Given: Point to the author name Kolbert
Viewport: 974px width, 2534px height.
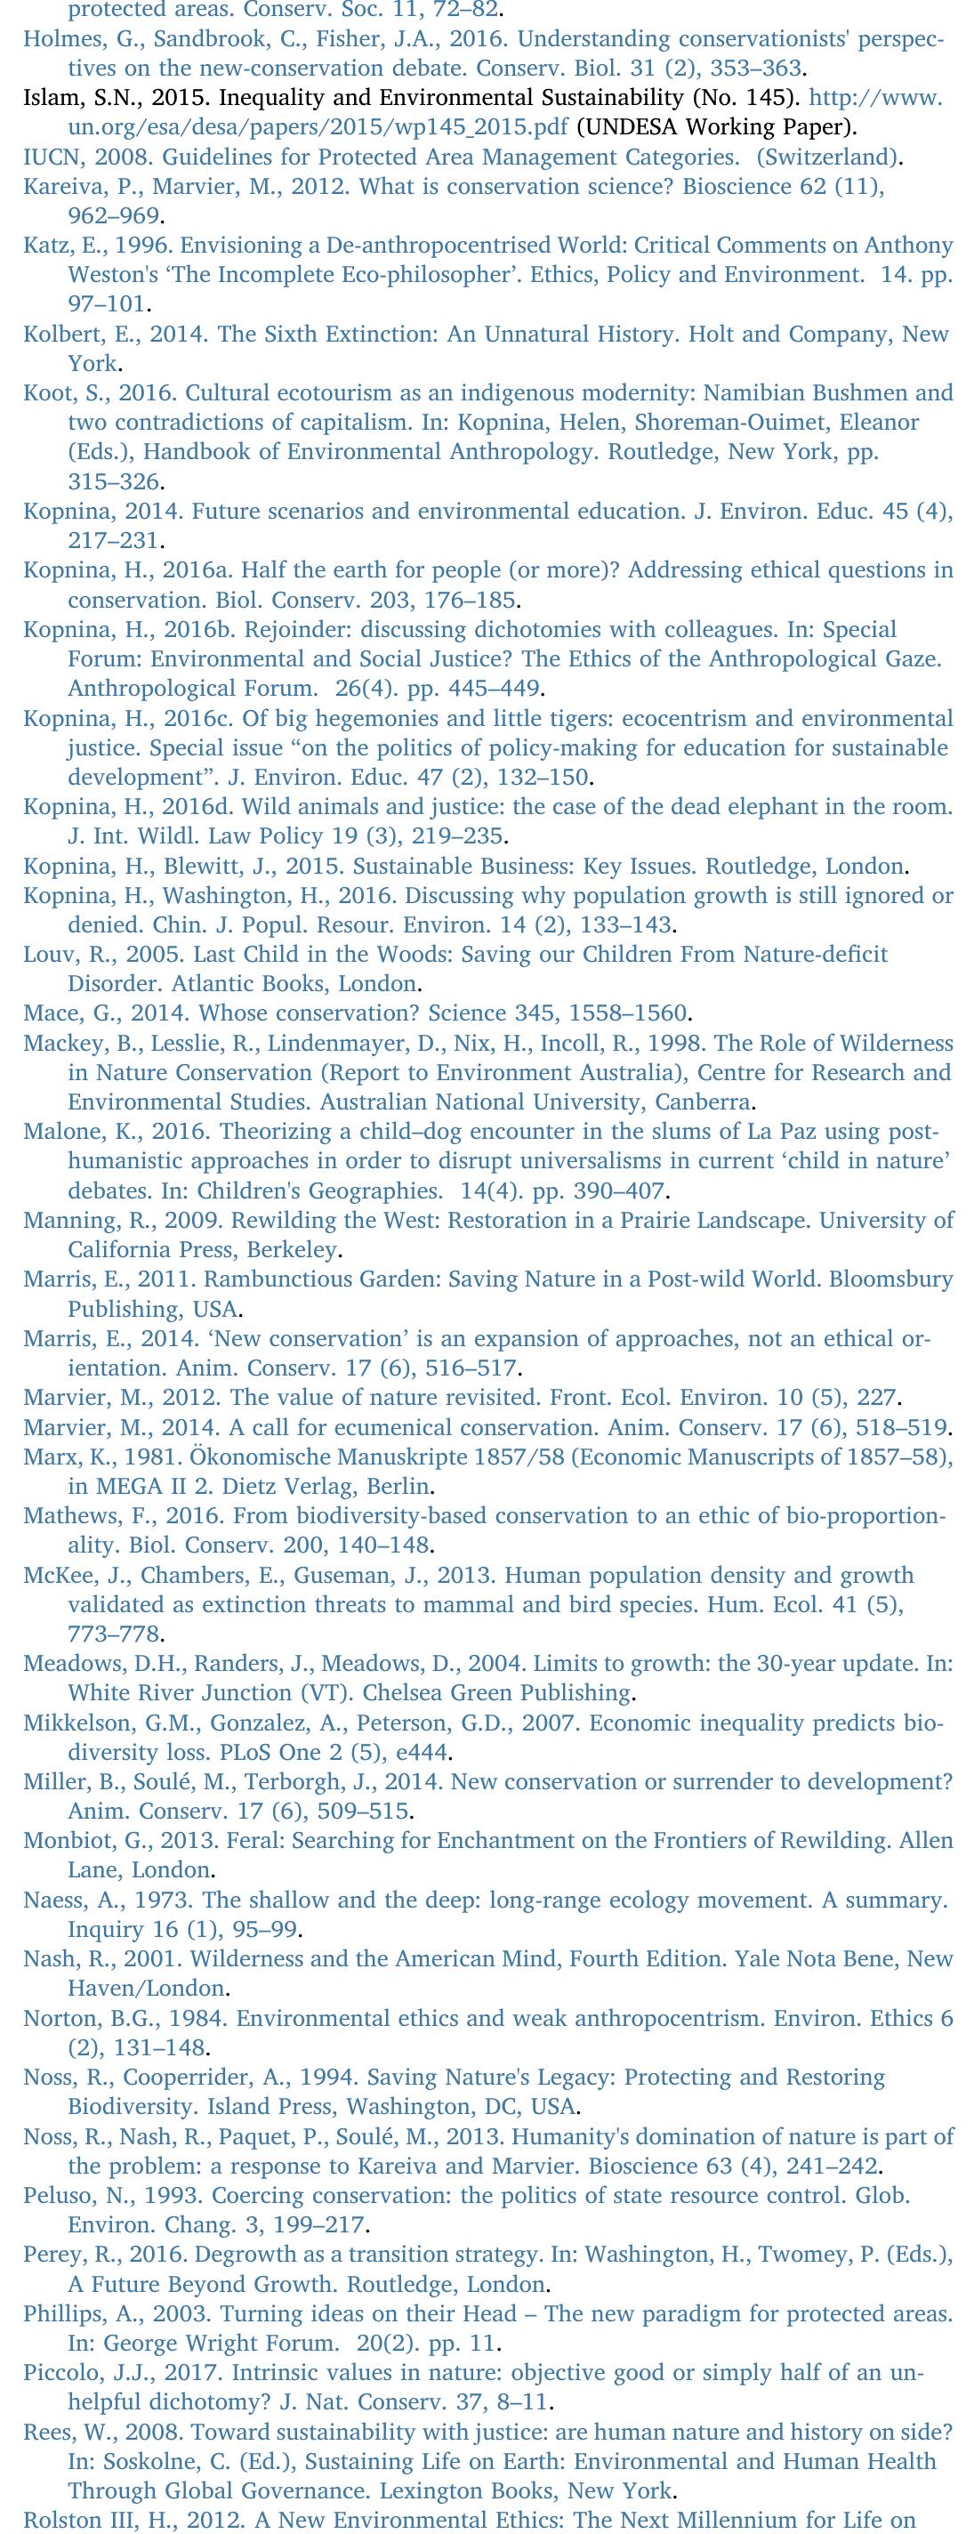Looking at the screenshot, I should (x=59, y=334).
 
